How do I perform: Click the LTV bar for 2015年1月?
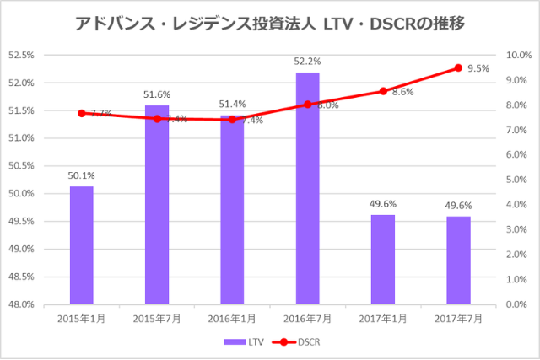coord(82,244)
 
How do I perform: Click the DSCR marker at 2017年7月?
coord(458,67)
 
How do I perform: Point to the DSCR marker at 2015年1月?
coord(82,113)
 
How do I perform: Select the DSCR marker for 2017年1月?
coord(383,91)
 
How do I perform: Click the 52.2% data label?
coord(308,62)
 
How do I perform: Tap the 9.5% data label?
coord(478,69)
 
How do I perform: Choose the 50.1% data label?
coord(82,175)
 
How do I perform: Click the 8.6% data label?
coord(402,92)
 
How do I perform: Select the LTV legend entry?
coord(245,342)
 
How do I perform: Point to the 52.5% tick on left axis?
coord(21,56)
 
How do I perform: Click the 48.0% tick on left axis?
coord(21,304)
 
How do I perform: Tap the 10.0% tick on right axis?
coord(517,56)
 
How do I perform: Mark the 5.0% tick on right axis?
coord(516,180)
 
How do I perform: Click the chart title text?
coord(269,22)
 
